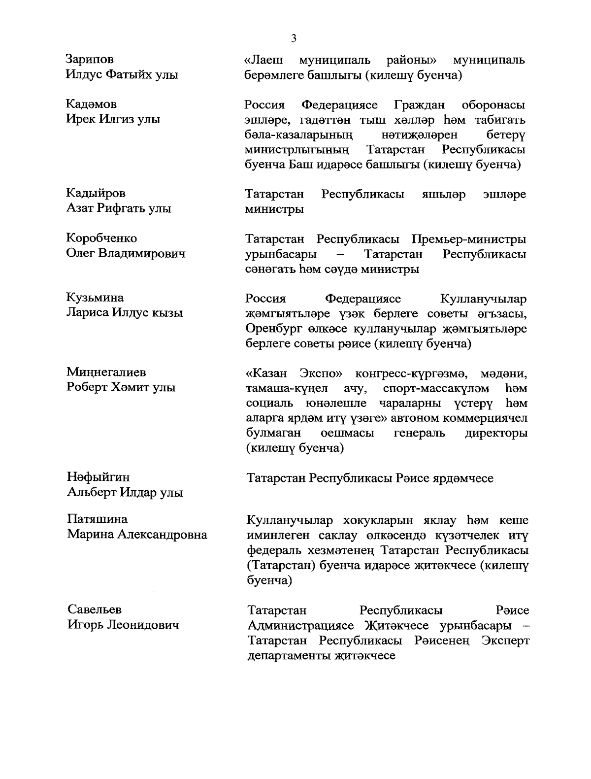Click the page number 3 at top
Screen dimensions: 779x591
click(x=294, y=38)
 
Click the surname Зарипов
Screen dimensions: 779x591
click(x=90, y=60)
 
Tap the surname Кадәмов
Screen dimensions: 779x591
click(x=92, y=104)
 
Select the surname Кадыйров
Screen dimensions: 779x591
click(x=96, y=193)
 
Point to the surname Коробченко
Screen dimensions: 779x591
click(x=102, y=238)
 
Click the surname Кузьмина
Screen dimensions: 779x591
click(x=95, y=298)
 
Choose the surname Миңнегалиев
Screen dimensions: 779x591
click(x=106, y=373)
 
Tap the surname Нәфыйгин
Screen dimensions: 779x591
click(x=98, y=477)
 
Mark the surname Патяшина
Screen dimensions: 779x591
click(x=97, y=519)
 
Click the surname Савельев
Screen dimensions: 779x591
click(x=95, y=610)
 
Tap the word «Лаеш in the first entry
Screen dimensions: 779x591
click(x=264, y=60)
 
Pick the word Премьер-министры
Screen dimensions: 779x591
click(x=468, y=239)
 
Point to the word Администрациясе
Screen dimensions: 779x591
click(x=301, y=626)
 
